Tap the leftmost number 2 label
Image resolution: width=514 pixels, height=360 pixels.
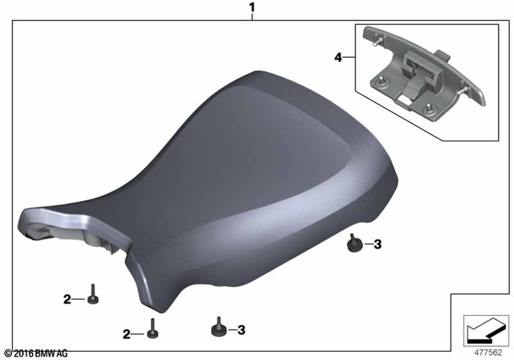point(67,300)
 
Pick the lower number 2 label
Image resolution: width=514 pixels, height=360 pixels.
point(127,333)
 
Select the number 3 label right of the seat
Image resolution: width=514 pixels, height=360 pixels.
point(378,244)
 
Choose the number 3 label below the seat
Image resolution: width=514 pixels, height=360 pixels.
point(242,329)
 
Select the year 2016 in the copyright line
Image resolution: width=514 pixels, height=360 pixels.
point(24,354)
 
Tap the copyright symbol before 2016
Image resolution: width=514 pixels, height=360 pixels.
point(8,354)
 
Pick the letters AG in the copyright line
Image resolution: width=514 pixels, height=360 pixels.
point(63,354)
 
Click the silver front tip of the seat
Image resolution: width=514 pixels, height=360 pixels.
point(36,221)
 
